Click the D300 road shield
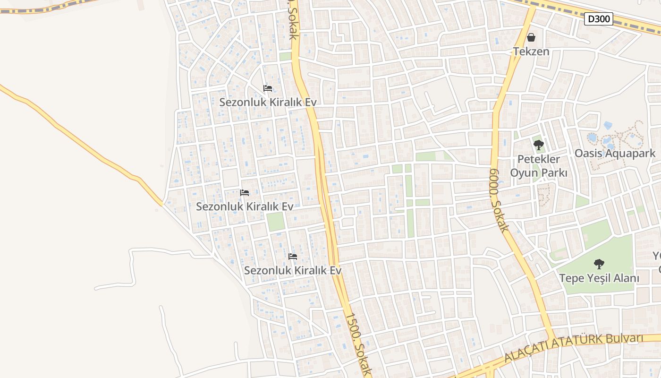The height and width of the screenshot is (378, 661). tap(599, 19)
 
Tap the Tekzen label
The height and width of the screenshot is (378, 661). tap(531, 51)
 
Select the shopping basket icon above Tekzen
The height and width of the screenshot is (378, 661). tap(531, 37)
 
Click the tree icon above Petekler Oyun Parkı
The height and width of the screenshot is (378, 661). tap(538, 145)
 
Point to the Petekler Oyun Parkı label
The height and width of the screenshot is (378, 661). tap(538, 166)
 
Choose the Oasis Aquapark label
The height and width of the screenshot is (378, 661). tap(615, 153)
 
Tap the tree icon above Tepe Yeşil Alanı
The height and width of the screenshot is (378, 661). tap(599, 264)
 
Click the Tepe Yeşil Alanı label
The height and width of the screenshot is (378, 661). tap(599, 278)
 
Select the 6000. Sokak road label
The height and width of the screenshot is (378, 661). tap(499, 200)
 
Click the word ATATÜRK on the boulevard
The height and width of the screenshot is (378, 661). tap(575, 344)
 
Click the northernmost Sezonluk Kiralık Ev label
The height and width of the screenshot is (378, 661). tap(268, 102)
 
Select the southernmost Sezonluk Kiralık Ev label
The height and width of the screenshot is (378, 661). tap(292, 271)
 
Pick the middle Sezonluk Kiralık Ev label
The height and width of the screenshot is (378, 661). tap(245, 206)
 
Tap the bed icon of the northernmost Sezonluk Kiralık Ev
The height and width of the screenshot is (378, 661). tap(268, 88)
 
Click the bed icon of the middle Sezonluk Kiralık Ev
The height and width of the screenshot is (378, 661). tap(245, 193)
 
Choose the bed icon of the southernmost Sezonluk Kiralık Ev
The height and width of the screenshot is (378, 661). tap(293, 257)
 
